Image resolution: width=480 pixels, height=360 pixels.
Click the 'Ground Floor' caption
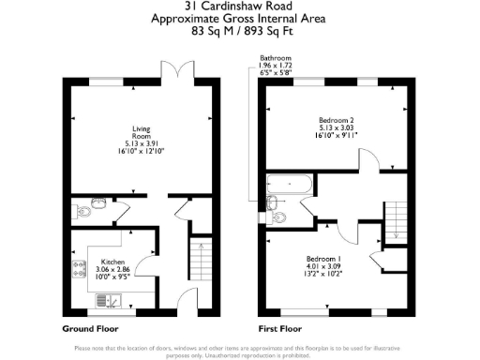pyautogui.click(x=91, y=329)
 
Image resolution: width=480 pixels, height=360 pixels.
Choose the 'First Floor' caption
pyautogui.click(x=281, y=329)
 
